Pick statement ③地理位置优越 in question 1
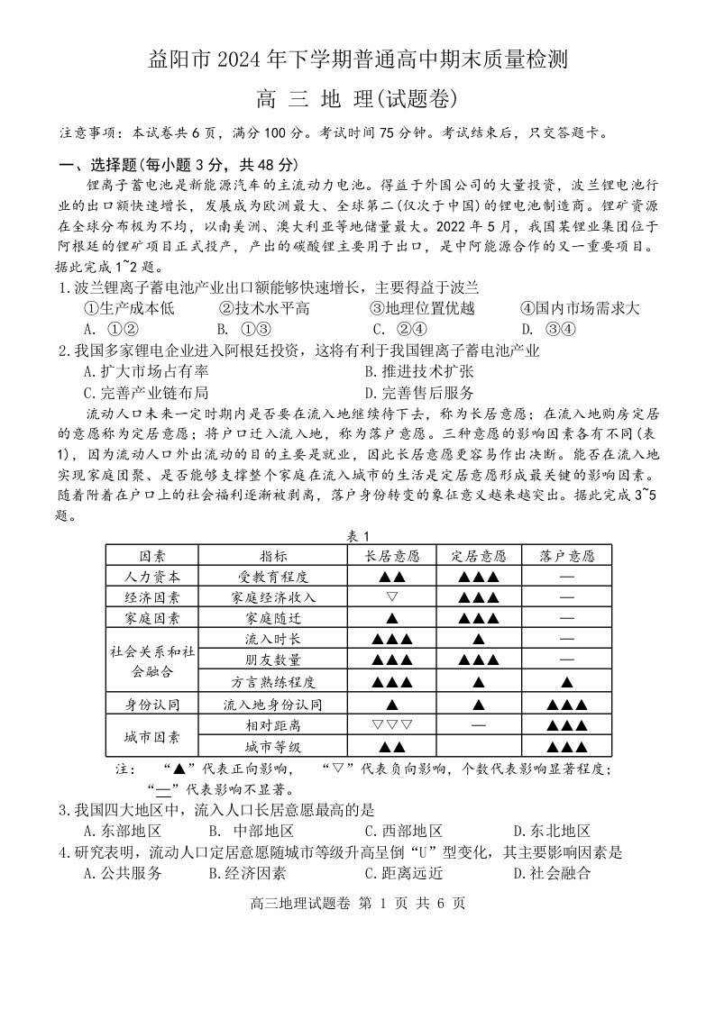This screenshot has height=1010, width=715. coord(422,308)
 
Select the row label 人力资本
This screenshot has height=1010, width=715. coord(152,577)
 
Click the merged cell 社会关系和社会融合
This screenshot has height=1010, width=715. coord(152,660)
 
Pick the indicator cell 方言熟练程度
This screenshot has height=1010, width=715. coord(273,682)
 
